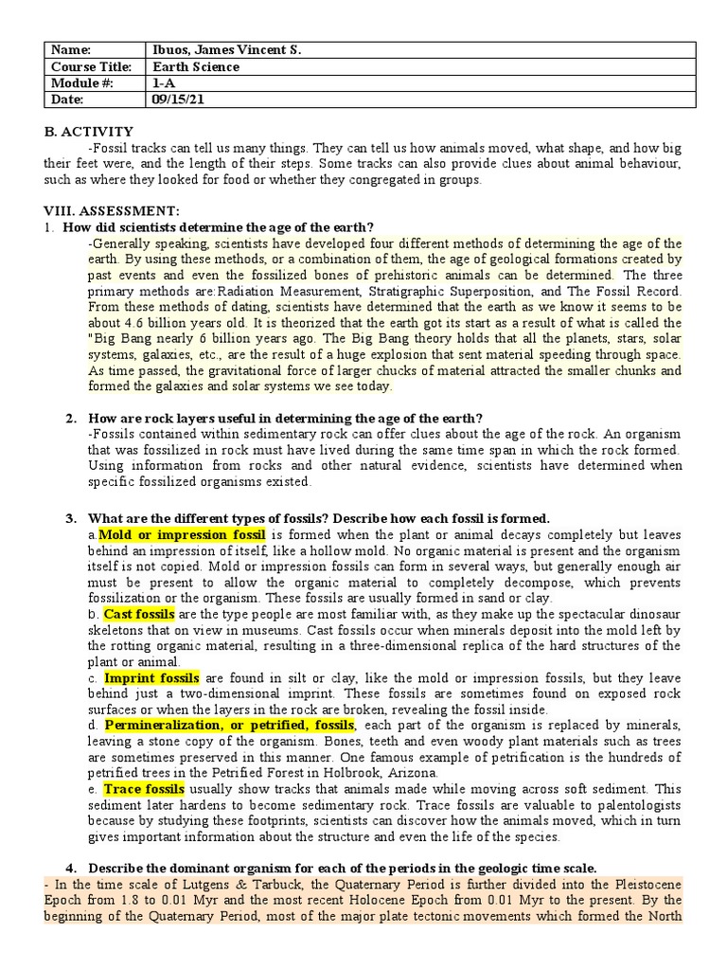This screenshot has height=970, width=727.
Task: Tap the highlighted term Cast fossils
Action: click(x=139, y=615)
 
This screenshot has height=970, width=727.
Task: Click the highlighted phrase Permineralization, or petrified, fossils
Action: click(x=228, y=726)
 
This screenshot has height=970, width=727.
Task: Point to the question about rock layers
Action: click(x=285, y=418)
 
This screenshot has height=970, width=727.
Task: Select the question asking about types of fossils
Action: click(x=318, y=518)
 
